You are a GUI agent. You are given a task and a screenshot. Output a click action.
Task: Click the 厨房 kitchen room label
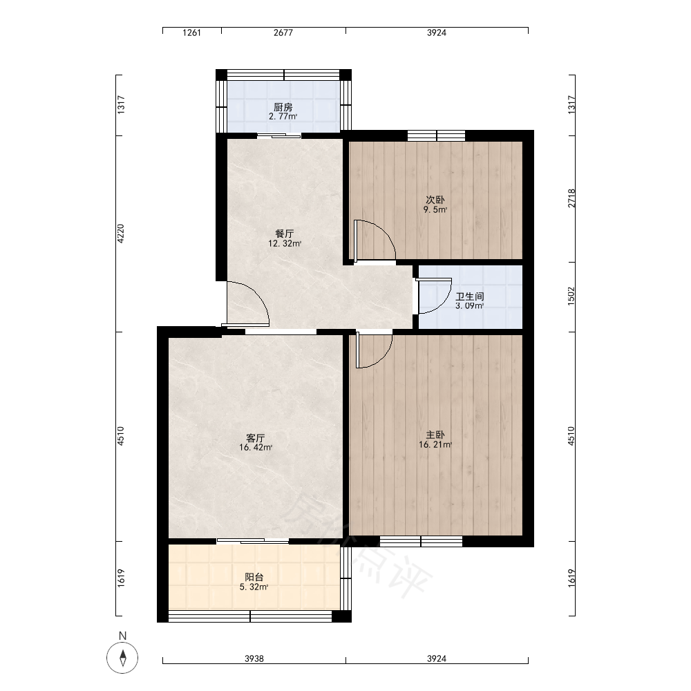click(283, 107)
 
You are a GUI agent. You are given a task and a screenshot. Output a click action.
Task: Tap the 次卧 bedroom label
click(435, 200)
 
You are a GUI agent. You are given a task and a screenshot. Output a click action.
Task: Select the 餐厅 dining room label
click(284, 234)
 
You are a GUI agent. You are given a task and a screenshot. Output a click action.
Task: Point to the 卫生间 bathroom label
click(470, 296)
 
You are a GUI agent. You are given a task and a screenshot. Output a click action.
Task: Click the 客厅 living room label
click(255, 438)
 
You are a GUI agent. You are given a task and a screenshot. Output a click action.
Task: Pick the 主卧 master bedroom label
click(435, 435)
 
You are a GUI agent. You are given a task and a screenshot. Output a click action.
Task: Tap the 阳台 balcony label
click(254, 577)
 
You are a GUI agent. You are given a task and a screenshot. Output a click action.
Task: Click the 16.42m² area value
click(256, 448)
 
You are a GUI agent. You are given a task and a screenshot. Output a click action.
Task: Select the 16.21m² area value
click(435, 445)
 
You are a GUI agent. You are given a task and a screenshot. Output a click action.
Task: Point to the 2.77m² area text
click(283, 117)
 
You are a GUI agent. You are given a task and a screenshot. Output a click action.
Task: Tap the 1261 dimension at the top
click(191, 32)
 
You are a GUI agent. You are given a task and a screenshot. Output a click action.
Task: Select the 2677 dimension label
click(283, 32)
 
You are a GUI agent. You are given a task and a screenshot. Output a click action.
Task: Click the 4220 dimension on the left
click(121, 234)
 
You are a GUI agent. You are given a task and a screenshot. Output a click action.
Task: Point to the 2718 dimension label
click(571, 198)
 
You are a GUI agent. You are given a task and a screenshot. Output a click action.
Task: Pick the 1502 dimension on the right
click(571, 296)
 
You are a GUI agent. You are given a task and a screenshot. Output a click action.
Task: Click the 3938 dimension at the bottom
click(254, 659)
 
